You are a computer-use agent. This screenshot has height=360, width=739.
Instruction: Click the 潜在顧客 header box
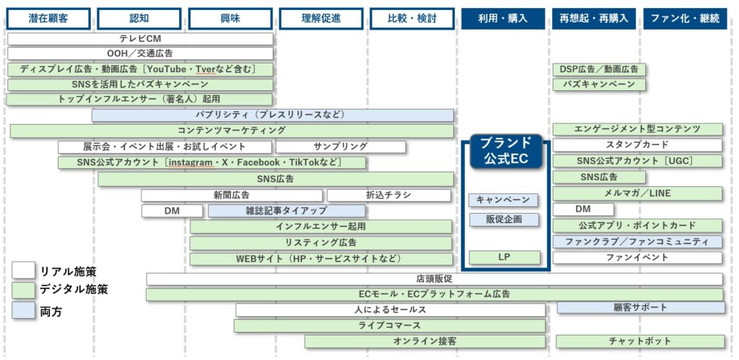point(48,19)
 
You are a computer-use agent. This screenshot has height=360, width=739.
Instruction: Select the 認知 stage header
point(139,19)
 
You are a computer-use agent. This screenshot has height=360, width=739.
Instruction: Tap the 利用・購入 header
point(503,19)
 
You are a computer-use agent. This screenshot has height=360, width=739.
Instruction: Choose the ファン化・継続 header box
point(684,19)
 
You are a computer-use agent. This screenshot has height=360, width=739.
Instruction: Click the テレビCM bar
point(140,38)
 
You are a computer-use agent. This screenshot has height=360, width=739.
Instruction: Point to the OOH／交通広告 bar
point(140,53)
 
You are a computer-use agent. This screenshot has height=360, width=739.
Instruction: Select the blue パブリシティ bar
point(273,115)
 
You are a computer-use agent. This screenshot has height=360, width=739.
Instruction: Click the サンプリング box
point(341,146)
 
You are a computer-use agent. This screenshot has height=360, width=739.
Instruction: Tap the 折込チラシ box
point(389,195)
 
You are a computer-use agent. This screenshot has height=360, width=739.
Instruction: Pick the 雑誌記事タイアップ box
point(287,211)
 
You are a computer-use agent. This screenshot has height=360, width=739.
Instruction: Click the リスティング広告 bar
point(320,242)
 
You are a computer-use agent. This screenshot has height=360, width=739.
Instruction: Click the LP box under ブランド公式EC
point(504,257)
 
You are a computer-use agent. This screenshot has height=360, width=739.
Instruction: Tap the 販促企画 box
point(504,219)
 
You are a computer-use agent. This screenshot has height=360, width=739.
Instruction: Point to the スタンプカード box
point(637,145)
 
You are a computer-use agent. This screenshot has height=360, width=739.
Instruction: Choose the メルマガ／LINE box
point(637,193)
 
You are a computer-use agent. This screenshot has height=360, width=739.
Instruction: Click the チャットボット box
point(639,341)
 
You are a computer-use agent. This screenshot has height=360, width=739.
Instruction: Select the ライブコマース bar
point(389,325)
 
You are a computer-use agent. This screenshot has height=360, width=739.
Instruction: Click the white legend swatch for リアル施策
point(24,271)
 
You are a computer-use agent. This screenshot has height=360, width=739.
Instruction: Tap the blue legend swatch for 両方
point(24,311)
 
